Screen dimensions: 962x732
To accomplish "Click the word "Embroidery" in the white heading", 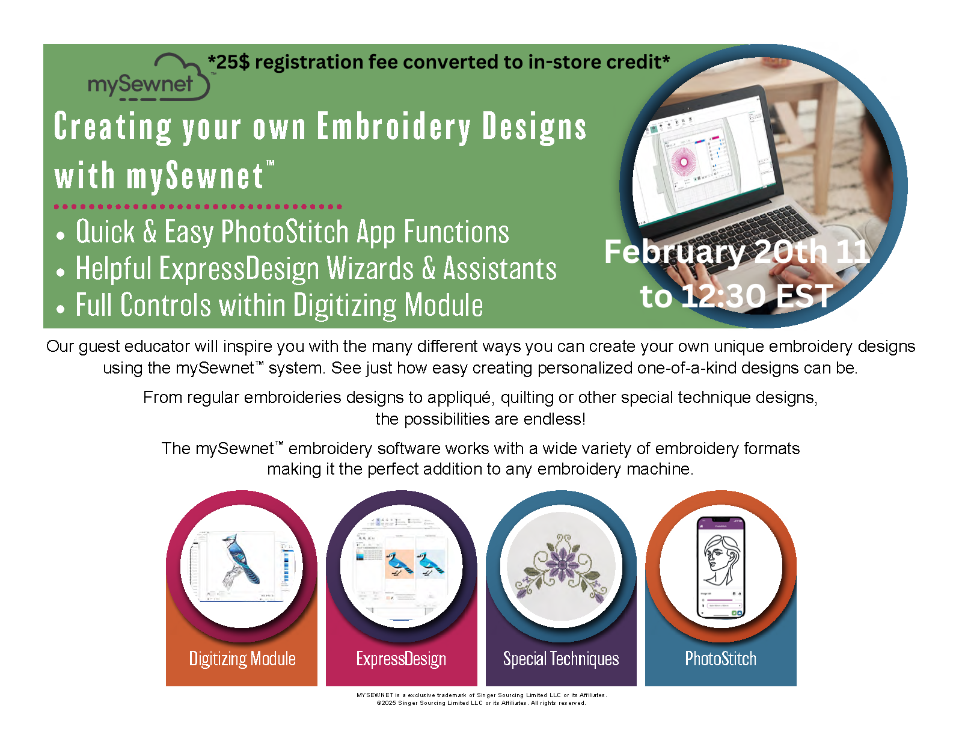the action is tap(394, 127).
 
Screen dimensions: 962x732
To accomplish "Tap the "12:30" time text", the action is tap(725, 296).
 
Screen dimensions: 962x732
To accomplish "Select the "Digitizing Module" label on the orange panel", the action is tap(242, 659).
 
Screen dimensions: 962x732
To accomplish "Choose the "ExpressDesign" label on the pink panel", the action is tap(401, 659).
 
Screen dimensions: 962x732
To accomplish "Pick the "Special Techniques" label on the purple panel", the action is tap(560, 659).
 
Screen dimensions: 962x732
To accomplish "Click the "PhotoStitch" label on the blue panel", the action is tap(720, 659).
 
